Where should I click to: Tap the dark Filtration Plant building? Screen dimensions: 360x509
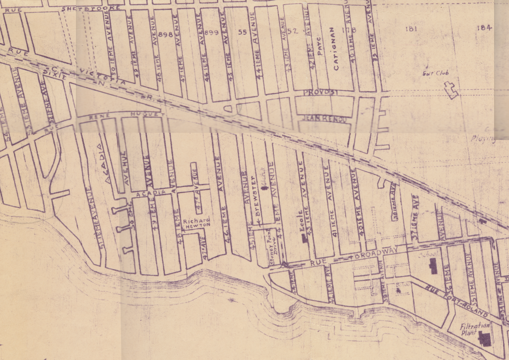click(x=484, y=339)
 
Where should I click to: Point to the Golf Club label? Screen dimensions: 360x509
click(x=435, y=73)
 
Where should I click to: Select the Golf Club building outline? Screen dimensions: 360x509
click(x=451, y=90)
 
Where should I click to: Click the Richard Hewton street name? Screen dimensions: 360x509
click(x=196, y=223)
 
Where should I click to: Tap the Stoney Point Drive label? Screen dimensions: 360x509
click(x=272, y=243)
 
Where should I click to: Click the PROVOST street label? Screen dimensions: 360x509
click(x=321, y=93)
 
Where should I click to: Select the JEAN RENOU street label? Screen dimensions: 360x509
click(x=324, y=119)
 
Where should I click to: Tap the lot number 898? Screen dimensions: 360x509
click(x=165, y=35)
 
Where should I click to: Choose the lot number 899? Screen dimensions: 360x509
click(x=212, y=33)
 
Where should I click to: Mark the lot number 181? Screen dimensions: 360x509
click(x=410, y=29)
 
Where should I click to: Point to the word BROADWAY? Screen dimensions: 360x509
click(x=376, y=253)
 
